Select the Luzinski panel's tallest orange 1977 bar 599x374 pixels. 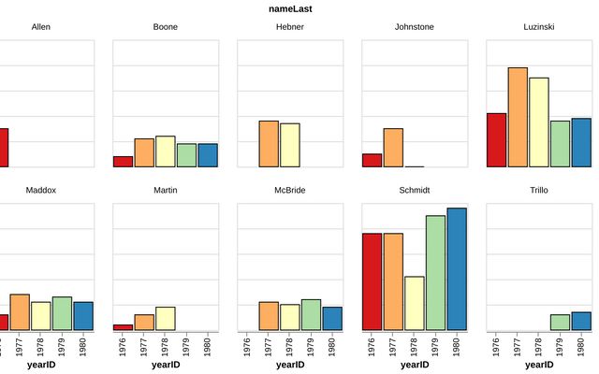[518, 117]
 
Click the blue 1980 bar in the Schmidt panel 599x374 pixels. [456, 269]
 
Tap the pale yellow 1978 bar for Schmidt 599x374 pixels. [414, 303]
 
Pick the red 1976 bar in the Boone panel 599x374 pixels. [123, 162]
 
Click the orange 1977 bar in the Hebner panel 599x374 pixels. [269, 144]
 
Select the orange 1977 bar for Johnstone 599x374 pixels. [393, 148]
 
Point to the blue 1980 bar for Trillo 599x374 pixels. [580, 322]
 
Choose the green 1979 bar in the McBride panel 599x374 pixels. [311, 315]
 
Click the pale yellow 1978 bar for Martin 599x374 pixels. [166, 319]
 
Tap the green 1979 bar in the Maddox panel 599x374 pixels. [62, 313]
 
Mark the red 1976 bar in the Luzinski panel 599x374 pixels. [496, 140]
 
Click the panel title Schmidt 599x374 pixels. [415, 190]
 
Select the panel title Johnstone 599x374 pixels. [415, 27]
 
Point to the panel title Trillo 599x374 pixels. [539, 190]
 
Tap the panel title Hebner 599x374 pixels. [290, 27]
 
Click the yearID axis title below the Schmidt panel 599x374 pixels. [415, 366]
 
